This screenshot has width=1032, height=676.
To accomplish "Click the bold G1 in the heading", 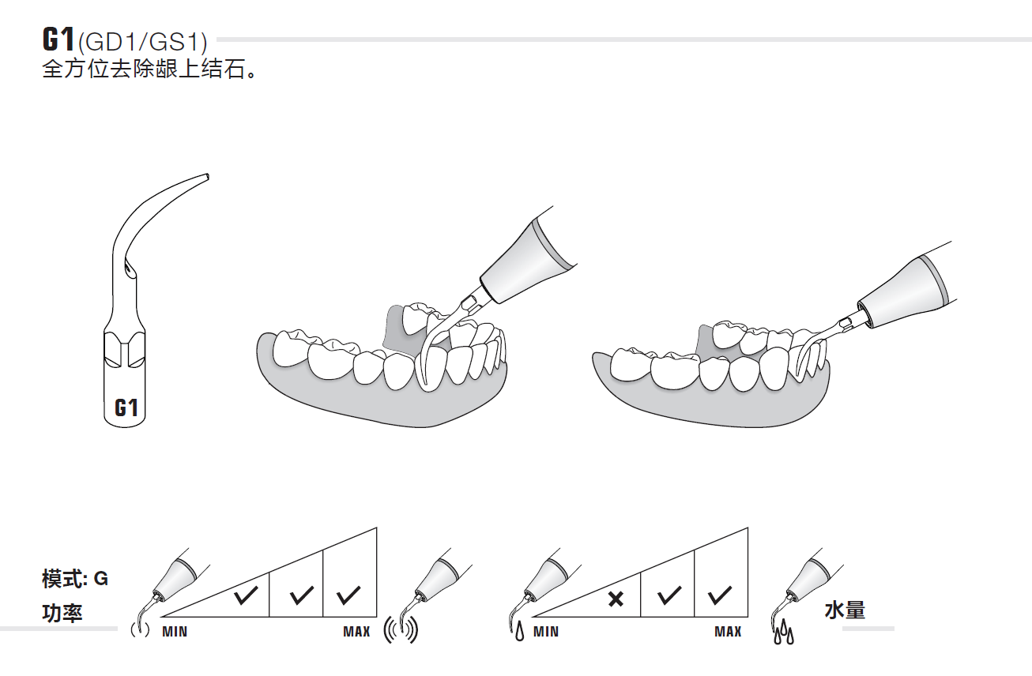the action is tap(58, 39).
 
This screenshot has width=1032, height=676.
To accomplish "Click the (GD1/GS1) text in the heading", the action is tap(143, 42).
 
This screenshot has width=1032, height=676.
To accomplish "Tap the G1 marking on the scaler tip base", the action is tap(126, 407).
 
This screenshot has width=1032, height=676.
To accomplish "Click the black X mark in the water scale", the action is tap(616, 599).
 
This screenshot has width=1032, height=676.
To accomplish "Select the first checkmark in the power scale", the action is tap(246, 595).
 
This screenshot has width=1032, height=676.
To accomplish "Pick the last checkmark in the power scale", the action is tap(348, 595).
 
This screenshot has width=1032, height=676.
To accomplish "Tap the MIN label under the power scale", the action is tap(175, 631).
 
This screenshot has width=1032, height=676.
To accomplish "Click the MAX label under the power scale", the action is tap(356, 631).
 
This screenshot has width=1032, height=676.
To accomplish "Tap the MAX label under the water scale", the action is tap(728, 631).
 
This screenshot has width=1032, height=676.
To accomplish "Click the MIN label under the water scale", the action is tap(546, 631).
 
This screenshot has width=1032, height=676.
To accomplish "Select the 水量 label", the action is tap(845, 610).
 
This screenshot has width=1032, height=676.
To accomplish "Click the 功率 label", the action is tap(62, 613).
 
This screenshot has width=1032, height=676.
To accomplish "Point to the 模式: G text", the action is tap(75, 579).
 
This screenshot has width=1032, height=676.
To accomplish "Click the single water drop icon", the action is tap(520, 631).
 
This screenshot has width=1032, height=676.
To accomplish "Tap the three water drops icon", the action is tap(784, 633).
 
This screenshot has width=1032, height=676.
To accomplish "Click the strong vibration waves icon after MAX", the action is tap(401, 630).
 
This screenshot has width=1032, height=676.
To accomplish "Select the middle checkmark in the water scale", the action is tap(669, 595).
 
